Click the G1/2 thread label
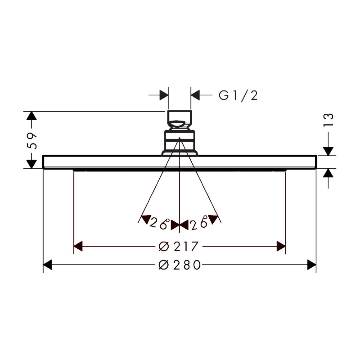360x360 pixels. (238, 96)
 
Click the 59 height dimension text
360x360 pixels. (32, 141)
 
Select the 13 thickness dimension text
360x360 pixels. (328, 120)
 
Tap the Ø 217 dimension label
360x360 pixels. (178, 246)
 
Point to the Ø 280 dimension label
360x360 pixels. (180, 265)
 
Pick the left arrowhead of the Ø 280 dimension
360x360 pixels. (47, 265)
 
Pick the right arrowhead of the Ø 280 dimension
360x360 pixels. (312, 265)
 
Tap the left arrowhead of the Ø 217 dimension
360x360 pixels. (78, 246)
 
